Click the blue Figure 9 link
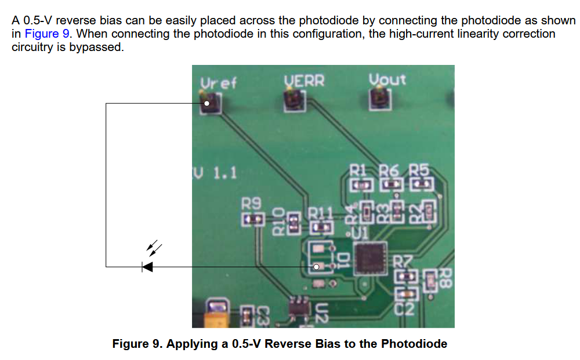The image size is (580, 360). [47, 34]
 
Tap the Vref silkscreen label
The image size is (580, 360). [218, 83]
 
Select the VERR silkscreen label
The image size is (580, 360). [304, 81]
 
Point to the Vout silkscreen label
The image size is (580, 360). [387, 79]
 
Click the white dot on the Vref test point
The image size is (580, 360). [207, 104]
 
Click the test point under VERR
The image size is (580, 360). [295, 100]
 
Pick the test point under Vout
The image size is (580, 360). [380, 99]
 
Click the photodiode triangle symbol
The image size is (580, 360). [147, 267]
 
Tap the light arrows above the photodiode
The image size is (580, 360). [154, 248]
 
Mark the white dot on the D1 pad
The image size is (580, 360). [316, 267]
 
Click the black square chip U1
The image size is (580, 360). [370, 259]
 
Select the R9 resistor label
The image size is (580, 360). [251, 203]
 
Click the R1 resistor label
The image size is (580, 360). [358, 171]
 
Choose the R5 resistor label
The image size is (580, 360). [419, 170]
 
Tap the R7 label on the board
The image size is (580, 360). [403, 262]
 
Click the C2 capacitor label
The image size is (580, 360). [404, 308]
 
